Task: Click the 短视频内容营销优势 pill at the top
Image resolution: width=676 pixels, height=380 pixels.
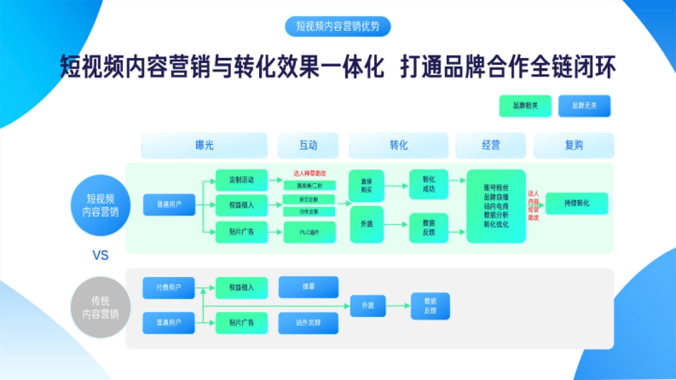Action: pyautogui.click(x=337, y=26)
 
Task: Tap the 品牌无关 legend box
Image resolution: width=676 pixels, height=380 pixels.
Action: pyautogui.click(x=584, y=106)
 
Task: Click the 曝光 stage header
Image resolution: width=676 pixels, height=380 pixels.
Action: pyautogui.click(x=204, y=145)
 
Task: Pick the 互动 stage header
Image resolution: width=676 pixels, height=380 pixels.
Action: pyautogui.click(x=308, y=145)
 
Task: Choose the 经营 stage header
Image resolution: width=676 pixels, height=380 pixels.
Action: pyautogui.click(x=491, y=145)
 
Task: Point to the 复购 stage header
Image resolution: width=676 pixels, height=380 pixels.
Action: pyautogui.click(x=573, y=145)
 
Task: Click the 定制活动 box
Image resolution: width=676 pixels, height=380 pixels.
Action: pyautogui.click(x=242, y=181)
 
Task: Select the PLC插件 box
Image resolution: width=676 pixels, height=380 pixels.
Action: pyautogui.click(x=309, y=232)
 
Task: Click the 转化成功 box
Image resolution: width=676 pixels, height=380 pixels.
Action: pyautogui.click(x=429, y=184)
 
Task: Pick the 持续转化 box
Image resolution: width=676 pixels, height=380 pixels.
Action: pyautogui.click(x=577, y=203)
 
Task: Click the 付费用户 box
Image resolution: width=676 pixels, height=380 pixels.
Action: pyautogui.click(x=168, y=287)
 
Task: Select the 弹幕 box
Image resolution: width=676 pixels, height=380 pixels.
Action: pyautogui.click(x=308, y=287)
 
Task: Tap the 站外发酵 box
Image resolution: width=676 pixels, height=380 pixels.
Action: pyautogui.click(x=308, y=323)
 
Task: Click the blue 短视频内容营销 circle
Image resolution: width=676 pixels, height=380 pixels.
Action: pyautogui.click(x=101, y=205)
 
